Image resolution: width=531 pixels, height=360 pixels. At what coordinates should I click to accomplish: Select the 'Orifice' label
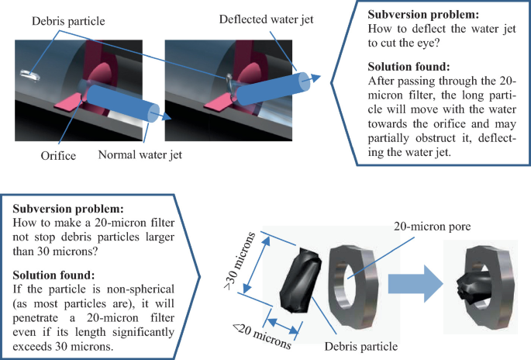(58, 155)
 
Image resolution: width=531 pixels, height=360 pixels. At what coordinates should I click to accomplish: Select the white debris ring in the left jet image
(32, 74)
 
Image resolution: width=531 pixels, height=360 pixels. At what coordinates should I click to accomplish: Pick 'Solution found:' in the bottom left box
(55, 275)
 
